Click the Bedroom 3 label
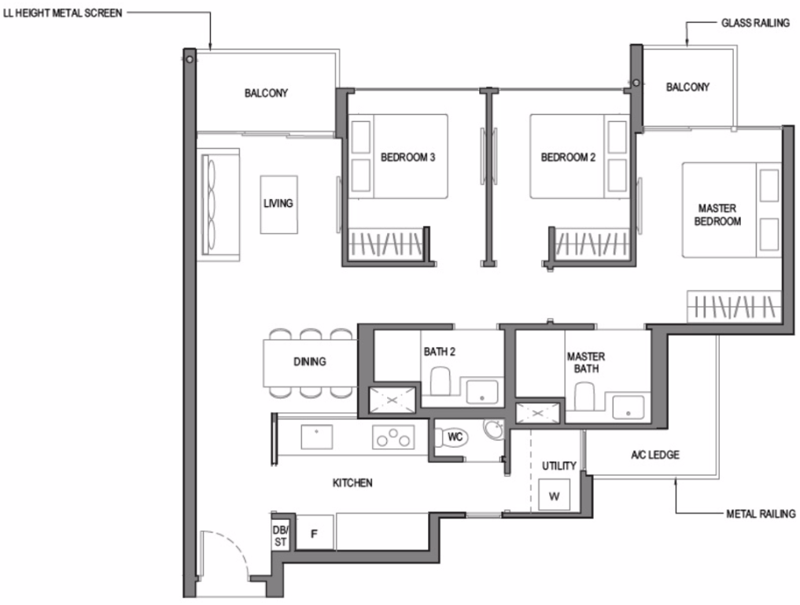[407, 157]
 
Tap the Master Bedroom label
[717, 215]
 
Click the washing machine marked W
[554, 496]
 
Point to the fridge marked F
[315, 533]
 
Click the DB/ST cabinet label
[281, 536]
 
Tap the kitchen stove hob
[393, 437]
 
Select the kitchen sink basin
[317, 437]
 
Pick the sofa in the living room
[219, 205]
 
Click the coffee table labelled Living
[278, 205]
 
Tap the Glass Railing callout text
[755, 23]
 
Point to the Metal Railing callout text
[761, 514]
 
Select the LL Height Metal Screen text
[63, 13]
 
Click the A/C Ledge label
[655, 455]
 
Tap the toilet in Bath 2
[441, 382]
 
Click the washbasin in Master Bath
[628, 408]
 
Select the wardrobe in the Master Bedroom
[734, 307]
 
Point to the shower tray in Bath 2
[392, 400]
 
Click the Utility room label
[559, 466]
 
